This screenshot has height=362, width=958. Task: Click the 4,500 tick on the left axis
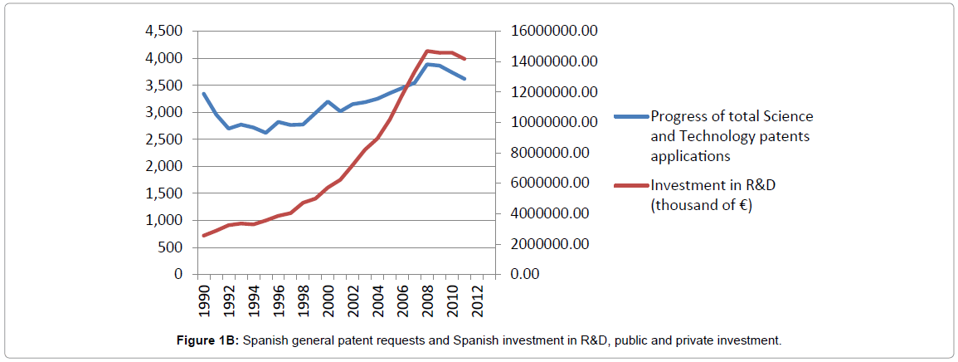[163, 32]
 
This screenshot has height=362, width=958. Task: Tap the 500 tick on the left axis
[168, 247]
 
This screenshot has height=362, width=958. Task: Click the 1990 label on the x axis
[203, 298]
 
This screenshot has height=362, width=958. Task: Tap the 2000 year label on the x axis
[328, 298]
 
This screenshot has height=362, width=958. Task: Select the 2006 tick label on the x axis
[402, 298]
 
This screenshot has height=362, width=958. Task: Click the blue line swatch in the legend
[631, 116]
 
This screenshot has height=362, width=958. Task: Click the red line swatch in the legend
[631, 185]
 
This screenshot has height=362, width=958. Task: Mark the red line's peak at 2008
[427, 51]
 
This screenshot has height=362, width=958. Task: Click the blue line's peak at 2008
[427, 64]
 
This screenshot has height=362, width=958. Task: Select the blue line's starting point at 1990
[203, 93]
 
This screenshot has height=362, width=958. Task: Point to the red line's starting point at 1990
[203, 236]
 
